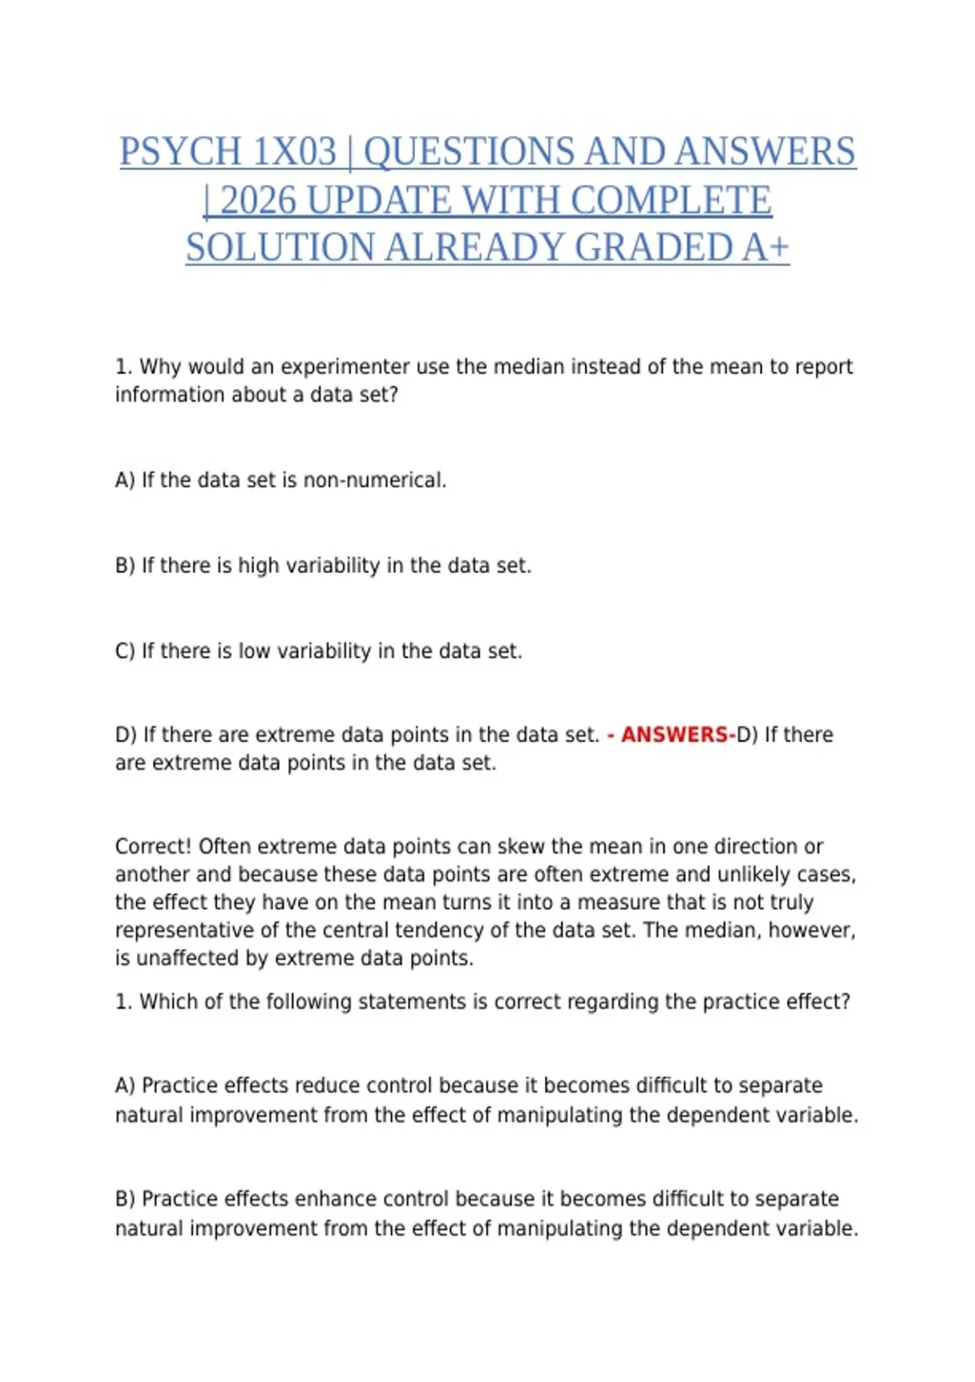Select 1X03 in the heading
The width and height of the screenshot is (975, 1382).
pyautogui.click(x=294, y=152)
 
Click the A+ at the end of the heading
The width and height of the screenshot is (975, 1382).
pyautogui.click(x=765, y=248)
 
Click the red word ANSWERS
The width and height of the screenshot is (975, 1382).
pyautogui.click(x=674, y=735)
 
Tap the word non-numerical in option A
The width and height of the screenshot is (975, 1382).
pyautogui.click(x=375, y=480)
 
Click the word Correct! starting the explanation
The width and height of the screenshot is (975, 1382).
pyautogui.click(x=154, y=846)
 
